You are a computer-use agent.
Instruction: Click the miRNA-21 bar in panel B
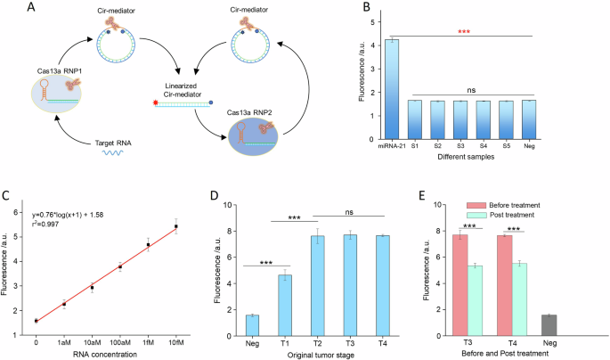point(393,89)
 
